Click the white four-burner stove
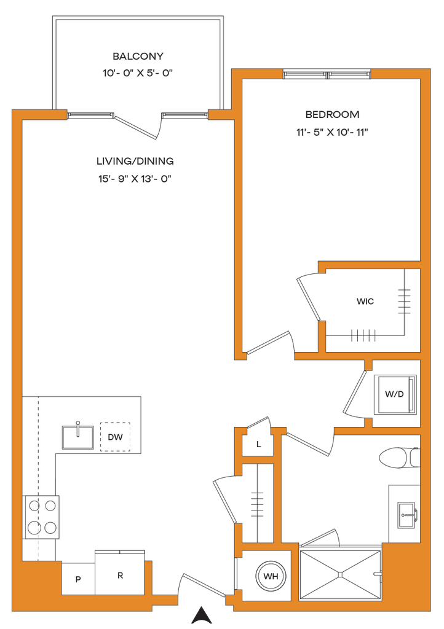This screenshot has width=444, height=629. click(x=41, y=517)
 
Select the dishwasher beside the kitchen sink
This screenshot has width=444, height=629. click(x=115, y=437)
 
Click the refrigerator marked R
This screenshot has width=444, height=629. click(x=120, y=575)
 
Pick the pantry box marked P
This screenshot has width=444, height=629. click(x=78, y=579)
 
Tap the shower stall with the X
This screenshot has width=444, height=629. click(x=339, y=575)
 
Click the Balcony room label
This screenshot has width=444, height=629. click(x=139, y=57)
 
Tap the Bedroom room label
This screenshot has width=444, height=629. click(x=332, y=114)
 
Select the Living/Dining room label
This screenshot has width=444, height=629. click(x=135, y=162)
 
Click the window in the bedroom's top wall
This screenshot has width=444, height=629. click(x=327, y=74)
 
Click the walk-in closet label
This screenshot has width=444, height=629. click(x=365, y=302)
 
